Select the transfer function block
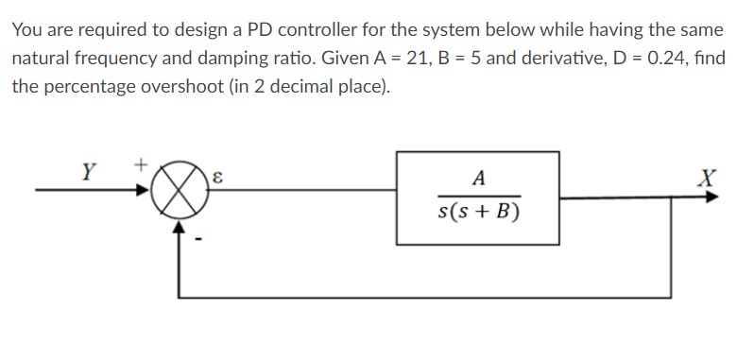(x=477, y=197)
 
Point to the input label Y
(x=87, y=173)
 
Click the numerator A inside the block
(x=478, y=180)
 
